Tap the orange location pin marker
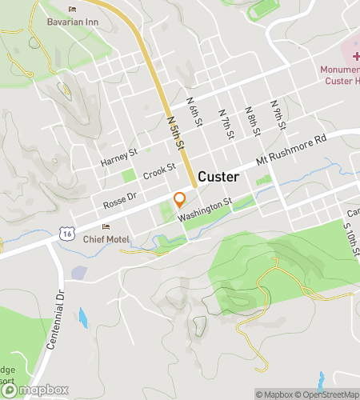(180, 199)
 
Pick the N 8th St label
(251, 118)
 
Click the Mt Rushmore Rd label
(292, 150)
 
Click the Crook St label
(159, 173)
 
